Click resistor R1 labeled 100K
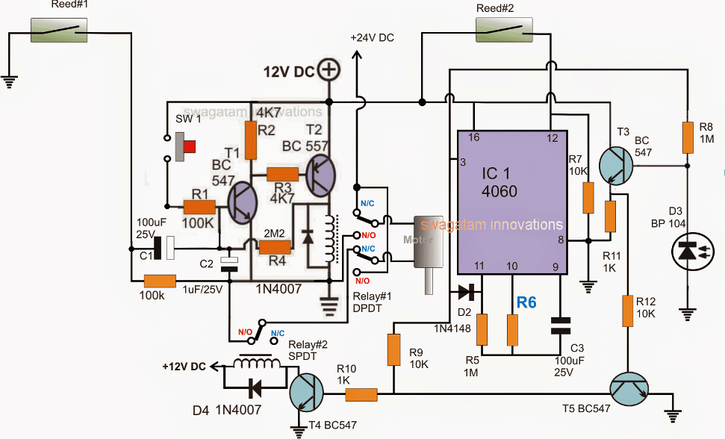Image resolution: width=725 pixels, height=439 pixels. pyautogui.click(x=199, y=208)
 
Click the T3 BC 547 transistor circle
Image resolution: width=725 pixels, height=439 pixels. pyautogui.click(x=617, y=165)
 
